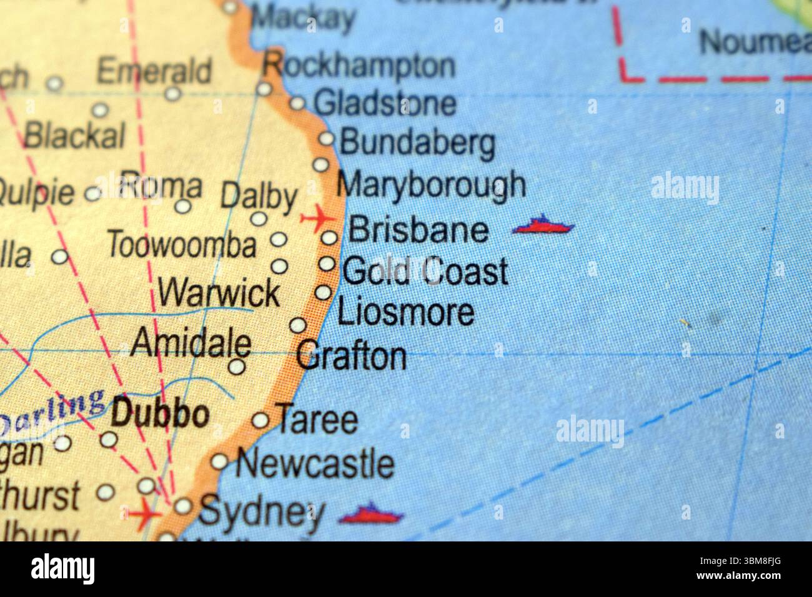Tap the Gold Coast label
[x=425, y=271]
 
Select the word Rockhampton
[x=359, y=64]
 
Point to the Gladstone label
[x=385, y=103]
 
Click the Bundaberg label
[x=417, y=143]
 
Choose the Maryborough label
[x=431, y=185]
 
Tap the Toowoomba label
[x=182, y=245]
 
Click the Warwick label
[x=219, y=292]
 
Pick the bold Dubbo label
[x=159, y=415]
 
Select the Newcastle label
[x=315, y=464]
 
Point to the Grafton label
[x=351, y=357]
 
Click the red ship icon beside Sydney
[x=371, y=515]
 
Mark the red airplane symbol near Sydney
[x=145, y=513]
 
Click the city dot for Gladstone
[x=297, y=104]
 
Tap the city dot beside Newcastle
[x=219, y=462]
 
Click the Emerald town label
[x=154, y=71]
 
